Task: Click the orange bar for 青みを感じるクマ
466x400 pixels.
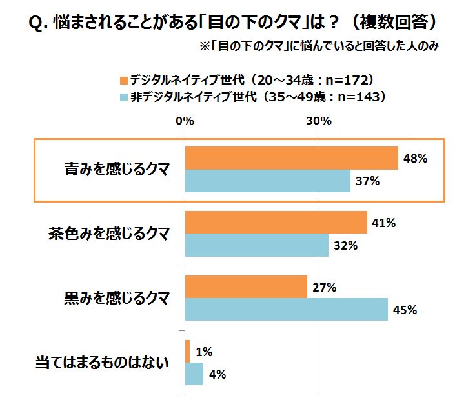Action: coord(291,158)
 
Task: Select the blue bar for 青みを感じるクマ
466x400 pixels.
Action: coord(267,181)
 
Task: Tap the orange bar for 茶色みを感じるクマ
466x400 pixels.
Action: coord(276,223)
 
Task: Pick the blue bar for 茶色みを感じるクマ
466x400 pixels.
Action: coord(256,245)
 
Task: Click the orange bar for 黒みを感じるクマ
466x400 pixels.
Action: coord(246,286)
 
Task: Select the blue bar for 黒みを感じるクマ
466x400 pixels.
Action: coord(286,309)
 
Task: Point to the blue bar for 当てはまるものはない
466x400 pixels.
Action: coord(194,374)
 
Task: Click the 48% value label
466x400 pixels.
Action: coord(414,158)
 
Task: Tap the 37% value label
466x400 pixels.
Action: coord(366,181)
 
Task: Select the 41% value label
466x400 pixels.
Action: coord(382,223)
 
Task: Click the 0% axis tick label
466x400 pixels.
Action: coord(185,121)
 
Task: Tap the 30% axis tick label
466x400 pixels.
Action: coord(319,121)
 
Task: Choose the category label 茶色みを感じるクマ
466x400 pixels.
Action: coord(109,234)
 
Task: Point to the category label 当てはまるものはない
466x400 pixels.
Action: coord(101,363)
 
